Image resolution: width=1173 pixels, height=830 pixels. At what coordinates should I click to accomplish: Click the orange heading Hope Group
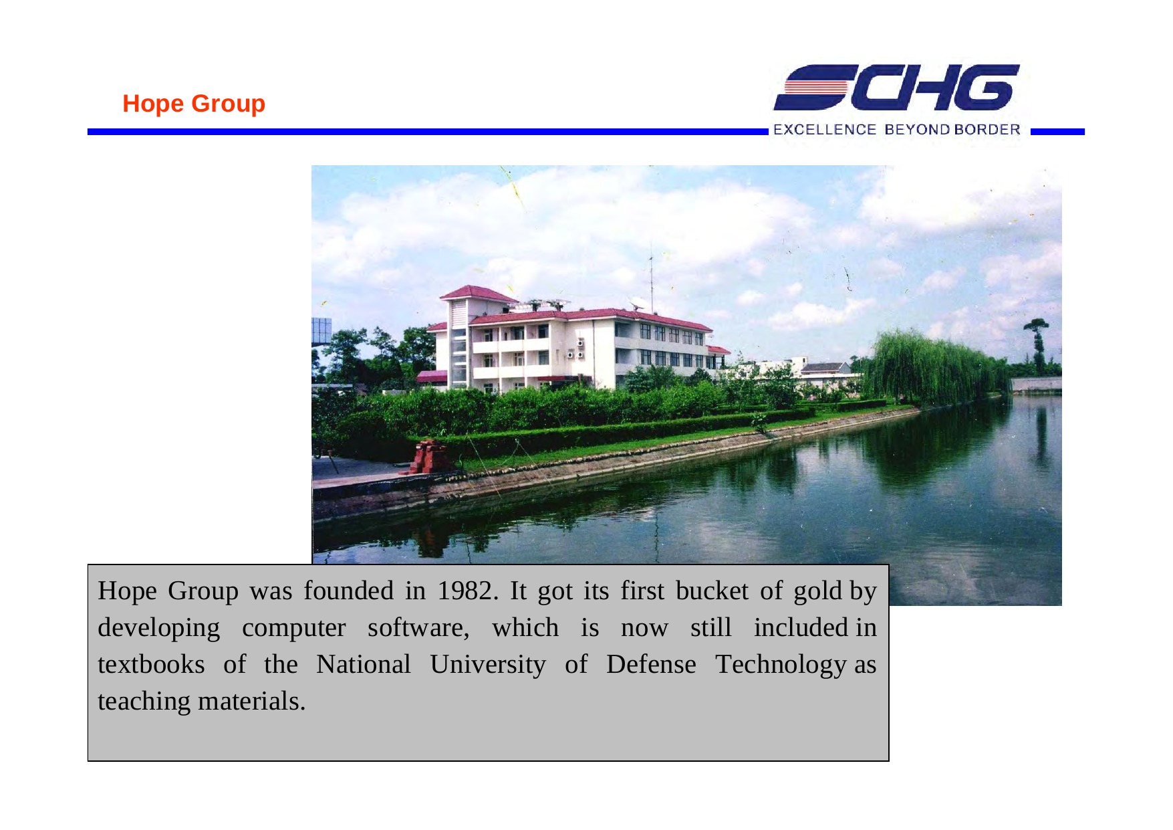[194, 104]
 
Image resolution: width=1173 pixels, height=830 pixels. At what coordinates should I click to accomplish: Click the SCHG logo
[896, 88]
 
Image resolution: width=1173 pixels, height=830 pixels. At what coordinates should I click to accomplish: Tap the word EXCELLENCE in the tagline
[824, 129]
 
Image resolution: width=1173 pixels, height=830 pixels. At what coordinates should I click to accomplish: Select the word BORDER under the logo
[987, 129]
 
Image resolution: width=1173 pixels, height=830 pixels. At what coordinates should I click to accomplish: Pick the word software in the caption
[418, 627]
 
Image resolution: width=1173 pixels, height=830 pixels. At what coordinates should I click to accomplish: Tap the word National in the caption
[363, 664]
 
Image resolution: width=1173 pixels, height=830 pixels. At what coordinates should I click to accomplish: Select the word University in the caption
[488, 665]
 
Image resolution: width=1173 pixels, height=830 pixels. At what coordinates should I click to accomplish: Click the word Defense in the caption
[651, 664]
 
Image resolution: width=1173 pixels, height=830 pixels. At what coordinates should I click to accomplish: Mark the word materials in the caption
[251, 701]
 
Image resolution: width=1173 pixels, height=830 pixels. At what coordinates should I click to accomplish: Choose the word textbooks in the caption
[151, 664]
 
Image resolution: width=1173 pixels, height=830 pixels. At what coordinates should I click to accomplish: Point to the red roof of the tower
[477, 294]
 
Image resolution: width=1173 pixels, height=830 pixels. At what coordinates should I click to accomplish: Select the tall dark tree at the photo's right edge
[1037, 345]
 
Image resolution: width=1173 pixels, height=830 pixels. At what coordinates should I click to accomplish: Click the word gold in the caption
[817, 591]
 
